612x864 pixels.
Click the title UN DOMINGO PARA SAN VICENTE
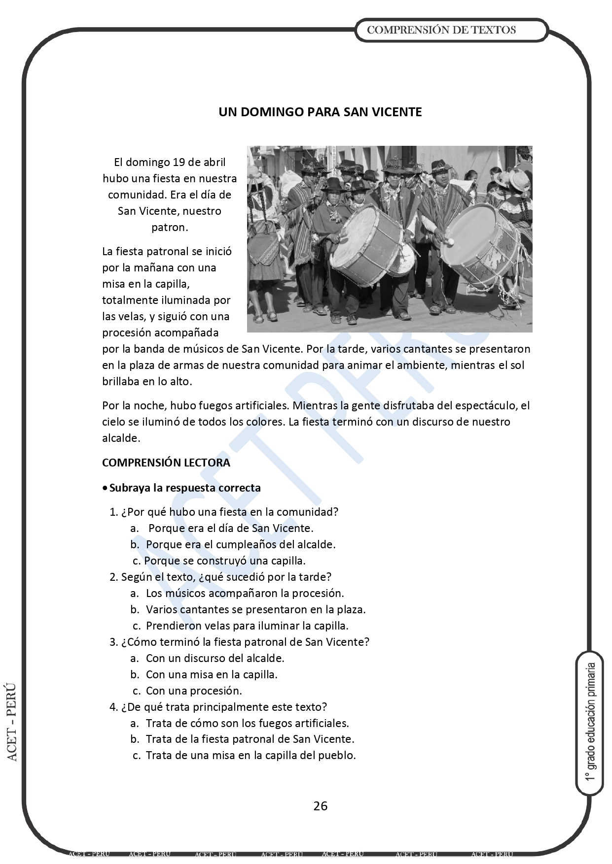click(x=320, y=112)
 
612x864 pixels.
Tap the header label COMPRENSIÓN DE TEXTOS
click(x=441, y=30)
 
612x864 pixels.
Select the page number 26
click(x=320, y=806)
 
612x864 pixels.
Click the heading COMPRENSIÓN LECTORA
click(x=166, y=463)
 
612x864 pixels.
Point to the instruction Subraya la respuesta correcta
click(x=184, y=488)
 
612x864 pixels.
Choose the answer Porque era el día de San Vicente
click(x=230, y=528)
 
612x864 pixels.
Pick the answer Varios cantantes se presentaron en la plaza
click(x=255, y=609)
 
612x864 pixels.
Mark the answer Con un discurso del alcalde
click(x=215, y=658)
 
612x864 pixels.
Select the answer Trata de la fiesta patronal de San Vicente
click(x=250, y=739)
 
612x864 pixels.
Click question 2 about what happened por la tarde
click(x=220, y=576)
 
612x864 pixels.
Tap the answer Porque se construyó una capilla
click(x=225, y=561)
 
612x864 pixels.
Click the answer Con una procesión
click(x=194, y=691)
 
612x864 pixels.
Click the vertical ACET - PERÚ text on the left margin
click(x=12, y=721)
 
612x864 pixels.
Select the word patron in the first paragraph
click(x=169, y=227)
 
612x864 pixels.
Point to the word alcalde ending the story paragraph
click(x=121, y=438)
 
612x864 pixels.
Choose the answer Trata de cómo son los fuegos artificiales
click(x=247, y=723)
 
